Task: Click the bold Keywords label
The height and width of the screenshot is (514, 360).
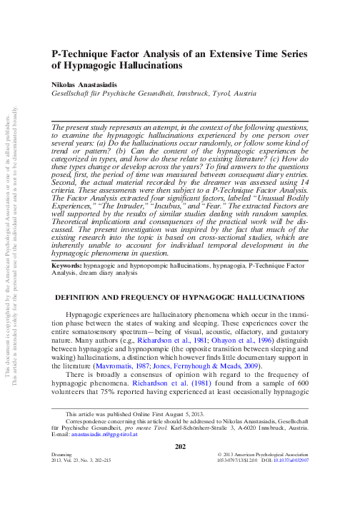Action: coord(66,284)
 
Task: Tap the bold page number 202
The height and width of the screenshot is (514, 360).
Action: coord(180,486)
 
